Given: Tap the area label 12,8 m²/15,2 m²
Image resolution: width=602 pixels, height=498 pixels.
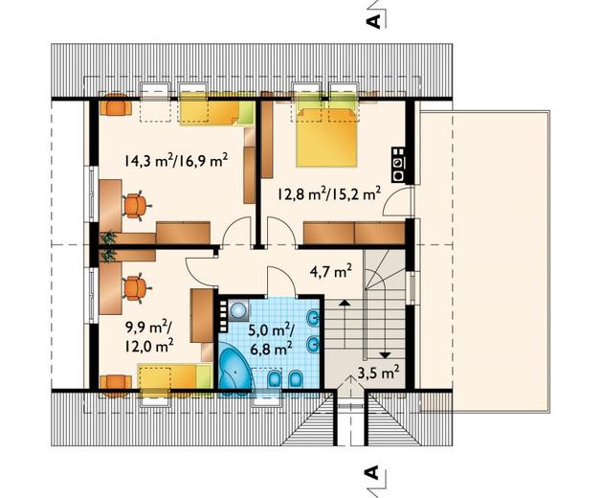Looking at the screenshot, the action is (x=329, y=193).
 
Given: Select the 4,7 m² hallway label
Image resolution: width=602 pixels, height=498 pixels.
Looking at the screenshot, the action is (x=330, y=272).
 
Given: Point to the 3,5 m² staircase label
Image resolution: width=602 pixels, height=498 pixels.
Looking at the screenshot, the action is (x=378, y=373).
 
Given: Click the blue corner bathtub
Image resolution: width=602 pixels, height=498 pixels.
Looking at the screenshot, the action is (x=235, y=369).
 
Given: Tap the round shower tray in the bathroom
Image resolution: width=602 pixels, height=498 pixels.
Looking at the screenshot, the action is (x=239, y=309).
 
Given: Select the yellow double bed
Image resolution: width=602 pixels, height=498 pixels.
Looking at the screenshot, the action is (x=326, y=138).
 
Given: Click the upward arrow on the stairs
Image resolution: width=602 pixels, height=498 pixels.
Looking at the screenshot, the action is (x=345, y=324).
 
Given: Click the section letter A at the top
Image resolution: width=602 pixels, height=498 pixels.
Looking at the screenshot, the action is (x=374, y=21).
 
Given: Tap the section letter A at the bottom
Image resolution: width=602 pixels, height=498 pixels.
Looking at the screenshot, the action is (x=374, y=472).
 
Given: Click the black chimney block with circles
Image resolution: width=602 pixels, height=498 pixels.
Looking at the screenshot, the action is (x=399, y=165).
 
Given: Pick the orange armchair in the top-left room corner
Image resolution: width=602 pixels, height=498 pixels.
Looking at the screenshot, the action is (x=116, y=104).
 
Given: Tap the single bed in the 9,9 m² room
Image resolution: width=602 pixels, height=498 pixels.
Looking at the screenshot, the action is (x=175, y=377).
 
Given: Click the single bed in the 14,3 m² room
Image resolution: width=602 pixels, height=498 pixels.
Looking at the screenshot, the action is (x=217, y=113).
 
